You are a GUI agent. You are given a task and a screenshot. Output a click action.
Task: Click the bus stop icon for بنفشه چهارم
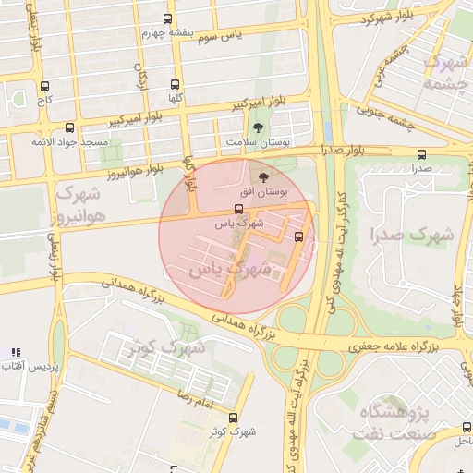167,18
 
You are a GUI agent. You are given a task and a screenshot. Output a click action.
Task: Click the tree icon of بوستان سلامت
256,127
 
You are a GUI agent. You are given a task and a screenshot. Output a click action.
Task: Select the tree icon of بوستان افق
265,176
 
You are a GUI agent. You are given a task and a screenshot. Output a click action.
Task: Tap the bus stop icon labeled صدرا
422,154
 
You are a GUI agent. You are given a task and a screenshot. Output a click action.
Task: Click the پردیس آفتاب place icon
14,352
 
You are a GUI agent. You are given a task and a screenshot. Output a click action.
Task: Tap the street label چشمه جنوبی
410,121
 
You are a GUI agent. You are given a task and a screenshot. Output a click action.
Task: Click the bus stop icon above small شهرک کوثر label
232,417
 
